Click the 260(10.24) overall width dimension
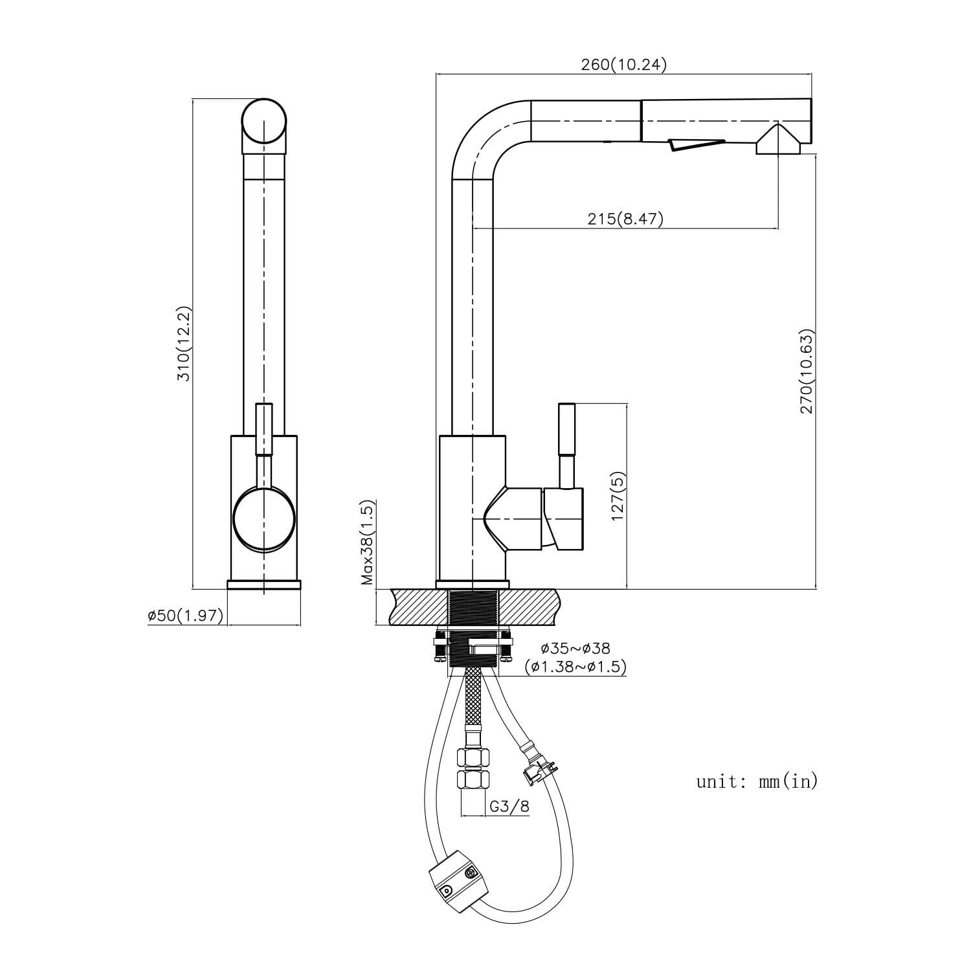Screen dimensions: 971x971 [x=623, y=65]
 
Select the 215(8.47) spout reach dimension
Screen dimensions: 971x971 [x=625, y=219]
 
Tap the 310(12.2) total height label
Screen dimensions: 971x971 [x=184, y=344]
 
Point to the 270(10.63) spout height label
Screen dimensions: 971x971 [x=807, y=372]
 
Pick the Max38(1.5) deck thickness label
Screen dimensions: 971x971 [x=368, y=542]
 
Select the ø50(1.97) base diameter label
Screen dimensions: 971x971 [x=185, y=616]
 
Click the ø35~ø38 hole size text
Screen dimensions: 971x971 [x=575, y=648]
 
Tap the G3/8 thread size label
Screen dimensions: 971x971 [x=509, y=807]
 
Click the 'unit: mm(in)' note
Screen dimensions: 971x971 [x=757, y=781]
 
